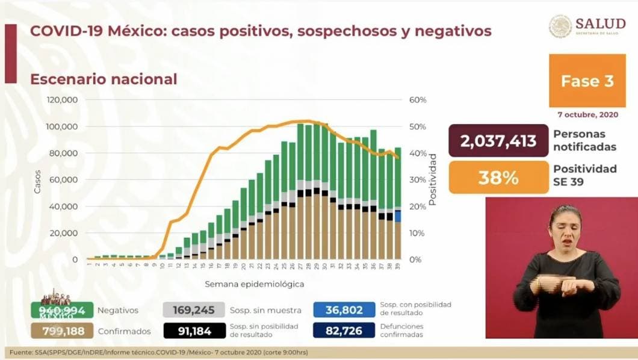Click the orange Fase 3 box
(587, 81)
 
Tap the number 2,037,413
(498, 141)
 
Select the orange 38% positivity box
(498, 178)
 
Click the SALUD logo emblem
(560, 26)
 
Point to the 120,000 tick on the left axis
(63, 100)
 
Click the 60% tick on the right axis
(418, 100)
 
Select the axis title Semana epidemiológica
(254, 284)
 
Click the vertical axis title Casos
(37, 180)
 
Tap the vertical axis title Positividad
(432, 180)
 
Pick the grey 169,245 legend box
(194, 311)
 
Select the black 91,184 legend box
(194, 331)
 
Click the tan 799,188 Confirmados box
(63, 331)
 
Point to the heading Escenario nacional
(104, 79)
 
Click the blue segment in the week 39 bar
(398, 216)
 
